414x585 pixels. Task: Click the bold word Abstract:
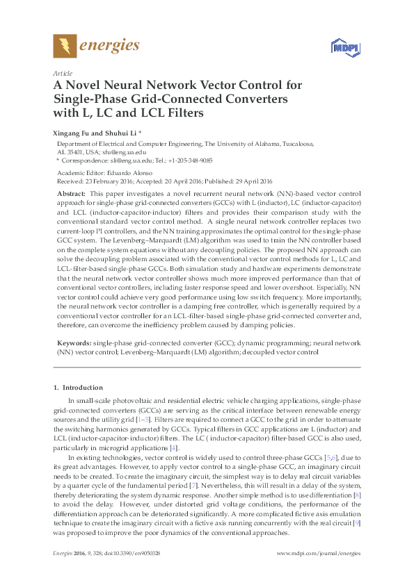pyautogui.click(x=71, y=192)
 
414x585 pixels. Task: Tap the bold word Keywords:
pyautogui.click(x=73, y=343)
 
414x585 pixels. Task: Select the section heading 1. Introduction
pyautogui.click(x=79, y=387)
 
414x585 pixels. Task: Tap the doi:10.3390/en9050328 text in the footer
pyautogui.click(x=134, y=554)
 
